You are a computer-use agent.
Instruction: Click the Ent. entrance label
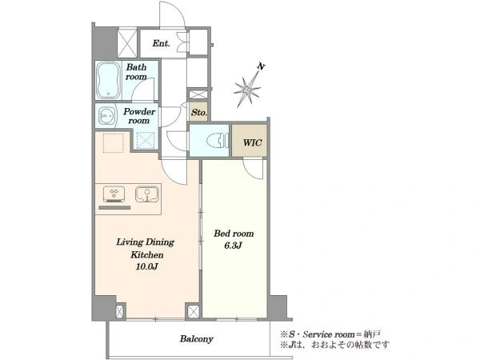point(161,43)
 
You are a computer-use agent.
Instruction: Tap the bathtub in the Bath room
point(108,80)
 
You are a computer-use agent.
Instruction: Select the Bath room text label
point(137,72)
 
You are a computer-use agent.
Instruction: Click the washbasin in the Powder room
point(106,116)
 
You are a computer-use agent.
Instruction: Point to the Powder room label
point(139,116)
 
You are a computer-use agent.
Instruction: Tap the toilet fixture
point(218,141)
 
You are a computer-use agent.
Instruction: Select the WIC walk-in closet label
point(252,142)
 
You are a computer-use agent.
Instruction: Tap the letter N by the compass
point(261,66)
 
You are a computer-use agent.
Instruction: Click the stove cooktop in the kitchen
point(114,194)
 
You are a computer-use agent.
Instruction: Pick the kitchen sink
point(147,194)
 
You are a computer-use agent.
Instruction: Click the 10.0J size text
point(146,266)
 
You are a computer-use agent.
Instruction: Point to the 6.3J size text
point(234,246)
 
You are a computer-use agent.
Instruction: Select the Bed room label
point(234,234)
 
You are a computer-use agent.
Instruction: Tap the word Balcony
point(196,339)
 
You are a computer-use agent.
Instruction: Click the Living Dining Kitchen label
point(146,248)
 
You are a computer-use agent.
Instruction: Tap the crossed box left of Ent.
point(127,42)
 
